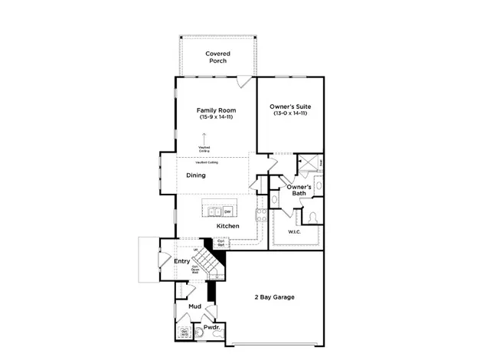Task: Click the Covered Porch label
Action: tap(217, 57)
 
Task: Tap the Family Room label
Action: tap(216, 110)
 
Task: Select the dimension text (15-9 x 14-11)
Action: tap(216, 117)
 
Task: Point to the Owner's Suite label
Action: tap(290, 106)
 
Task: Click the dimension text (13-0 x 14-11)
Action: tap(290, 113)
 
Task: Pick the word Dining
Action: tap(196, 175)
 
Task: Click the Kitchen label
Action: tap(228, 227)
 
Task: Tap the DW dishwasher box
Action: tap(227, 211)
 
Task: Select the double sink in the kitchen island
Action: tap(213, 211)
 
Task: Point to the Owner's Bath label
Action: tap(299, 190)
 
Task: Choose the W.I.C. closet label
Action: tap(294, 231)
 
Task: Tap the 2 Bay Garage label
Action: tap(274, 297)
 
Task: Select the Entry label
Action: tap(181, 261)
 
